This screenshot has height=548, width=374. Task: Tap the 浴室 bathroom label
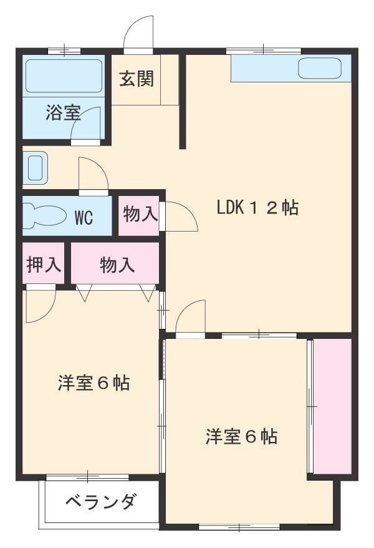coord(63,114)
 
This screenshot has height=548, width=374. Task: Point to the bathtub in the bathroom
coord(63,77)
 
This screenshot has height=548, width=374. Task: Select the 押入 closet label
coord(44,265)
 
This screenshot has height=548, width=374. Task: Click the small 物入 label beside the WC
coord(140,215)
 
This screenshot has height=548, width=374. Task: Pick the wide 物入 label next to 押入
coord(117,265)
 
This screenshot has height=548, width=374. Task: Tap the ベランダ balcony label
coord(100,502)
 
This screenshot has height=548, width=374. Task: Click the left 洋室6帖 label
coord(94,383)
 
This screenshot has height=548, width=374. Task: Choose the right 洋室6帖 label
coord(242,436)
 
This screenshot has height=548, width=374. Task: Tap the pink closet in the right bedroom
coord(332,406)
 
